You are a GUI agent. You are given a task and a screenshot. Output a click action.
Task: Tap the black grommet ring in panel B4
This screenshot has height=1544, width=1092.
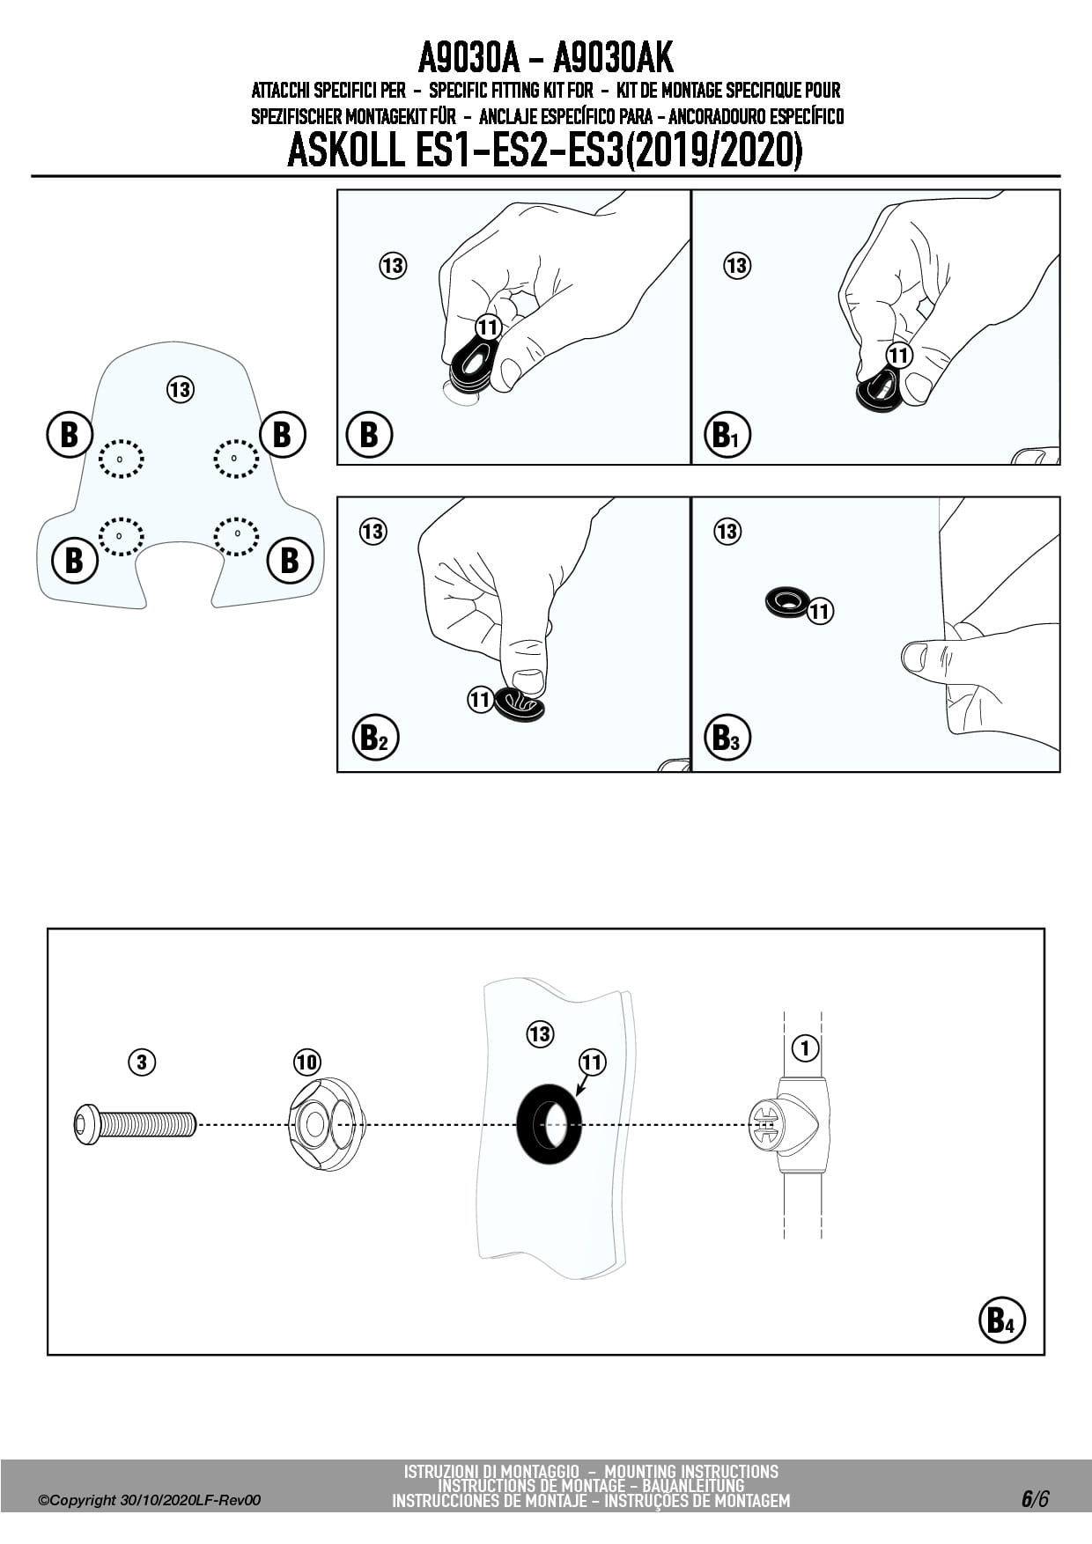[x=549, y=1124]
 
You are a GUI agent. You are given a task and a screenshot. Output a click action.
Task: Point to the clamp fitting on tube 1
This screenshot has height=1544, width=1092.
[x=787, y=1124]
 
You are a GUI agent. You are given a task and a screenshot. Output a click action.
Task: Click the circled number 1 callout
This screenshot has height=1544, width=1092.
[x=805, y=1048]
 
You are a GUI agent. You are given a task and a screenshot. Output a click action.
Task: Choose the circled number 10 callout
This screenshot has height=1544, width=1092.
[x=306, y=1062]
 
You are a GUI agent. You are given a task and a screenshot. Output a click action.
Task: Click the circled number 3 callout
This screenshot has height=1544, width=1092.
[x=141, y=1062]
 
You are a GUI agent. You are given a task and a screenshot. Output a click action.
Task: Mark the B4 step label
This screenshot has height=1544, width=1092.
[x=1001, y=1320]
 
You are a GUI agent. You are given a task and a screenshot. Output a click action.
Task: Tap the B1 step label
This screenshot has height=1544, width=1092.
[x=727, y=434]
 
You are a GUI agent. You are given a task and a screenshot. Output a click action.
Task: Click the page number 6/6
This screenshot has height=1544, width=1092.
[x=1035, y=1498]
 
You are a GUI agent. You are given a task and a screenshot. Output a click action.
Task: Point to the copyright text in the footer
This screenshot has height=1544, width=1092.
[x=150, y=1500]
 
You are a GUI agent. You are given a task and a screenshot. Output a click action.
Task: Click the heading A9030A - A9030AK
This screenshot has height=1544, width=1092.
[x=545, y=59]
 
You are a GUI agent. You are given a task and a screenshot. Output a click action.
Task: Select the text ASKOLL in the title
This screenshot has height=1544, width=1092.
[x=344, y=151]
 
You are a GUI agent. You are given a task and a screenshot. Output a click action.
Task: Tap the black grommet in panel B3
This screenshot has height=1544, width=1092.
[x=786, y=602]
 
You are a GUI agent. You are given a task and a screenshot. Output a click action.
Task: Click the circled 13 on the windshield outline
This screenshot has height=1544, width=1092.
[x=180, y=389]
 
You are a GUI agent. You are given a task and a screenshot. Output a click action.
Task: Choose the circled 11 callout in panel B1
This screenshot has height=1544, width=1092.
[x=898, y=356]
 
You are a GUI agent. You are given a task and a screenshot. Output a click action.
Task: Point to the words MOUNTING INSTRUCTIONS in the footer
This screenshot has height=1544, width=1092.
[x=691, y=1471]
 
